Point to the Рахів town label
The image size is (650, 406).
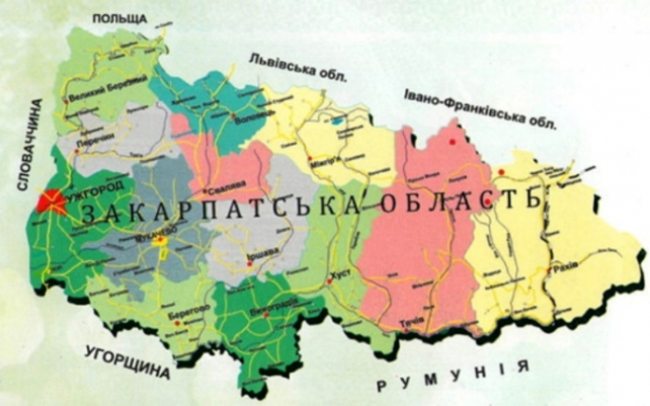coord(563,266)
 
